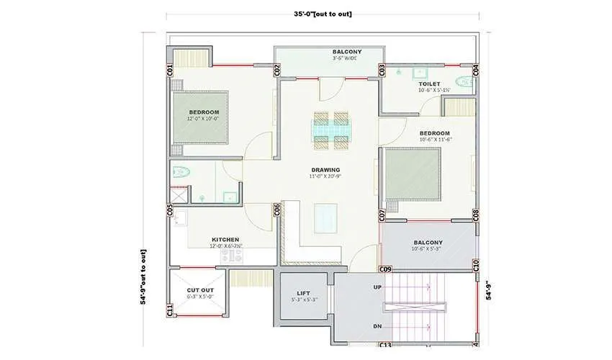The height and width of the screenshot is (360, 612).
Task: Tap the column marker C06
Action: (x=276, y=210)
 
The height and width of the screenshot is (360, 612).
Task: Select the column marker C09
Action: (x=385, y=269)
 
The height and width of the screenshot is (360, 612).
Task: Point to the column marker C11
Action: (x=170, y=310)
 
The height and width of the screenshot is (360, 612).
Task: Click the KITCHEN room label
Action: (x=225, y=240)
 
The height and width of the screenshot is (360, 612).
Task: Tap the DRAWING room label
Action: (x=325, y=170)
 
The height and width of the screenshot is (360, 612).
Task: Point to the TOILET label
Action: (x=429, y=84)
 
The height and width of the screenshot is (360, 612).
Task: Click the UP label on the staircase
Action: (x=377, y=287)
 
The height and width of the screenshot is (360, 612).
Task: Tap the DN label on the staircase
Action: (x=377, y=326)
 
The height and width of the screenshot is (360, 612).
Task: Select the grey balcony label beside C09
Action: (x=428, y=242)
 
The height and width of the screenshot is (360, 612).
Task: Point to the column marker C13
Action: (x=385, y=345)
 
